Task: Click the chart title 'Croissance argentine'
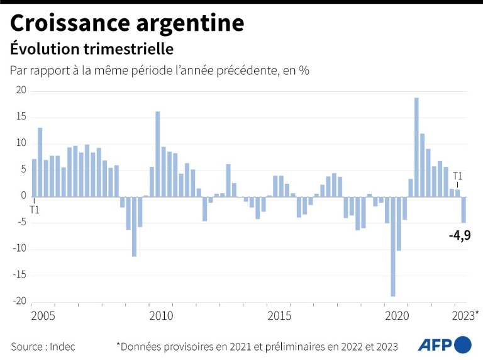click(x=126, y=23)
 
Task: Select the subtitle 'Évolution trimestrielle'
click(x=91, y=48)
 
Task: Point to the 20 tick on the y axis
click(x=20, y=91)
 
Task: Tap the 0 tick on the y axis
click(x=23, y=196)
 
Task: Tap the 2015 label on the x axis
click(x=280, y=314)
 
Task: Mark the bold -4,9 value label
click(x=459, y=236)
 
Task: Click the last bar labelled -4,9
click(x=464, y=210)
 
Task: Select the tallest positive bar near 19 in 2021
click(x=416, y=147)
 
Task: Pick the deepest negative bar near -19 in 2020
click(x=393, y=246)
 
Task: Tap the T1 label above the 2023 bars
click(x=458, y=176)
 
